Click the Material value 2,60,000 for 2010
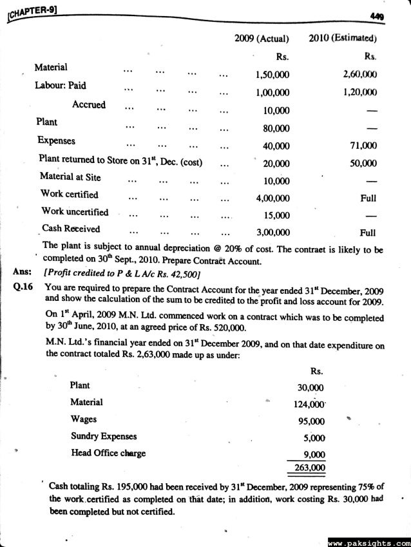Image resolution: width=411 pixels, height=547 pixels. coord(361,74)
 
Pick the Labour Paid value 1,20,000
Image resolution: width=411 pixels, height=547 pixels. coord(361,92)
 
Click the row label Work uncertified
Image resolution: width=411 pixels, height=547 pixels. coord(75,211)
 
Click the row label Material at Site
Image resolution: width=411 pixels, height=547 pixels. coord(70,176)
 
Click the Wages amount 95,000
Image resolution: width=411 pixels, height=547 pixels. coord(312,421)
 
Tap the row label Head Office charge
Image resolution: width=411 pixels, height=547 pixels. coord(108,453)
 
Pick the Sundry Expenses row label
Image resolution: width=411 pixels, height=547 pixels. coord(103,436)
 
